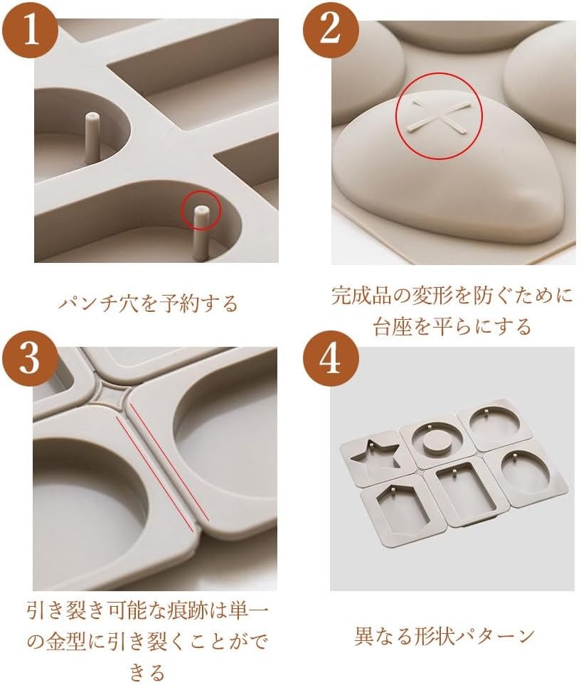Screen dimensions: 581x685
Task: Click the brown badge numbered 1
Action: (29, 32)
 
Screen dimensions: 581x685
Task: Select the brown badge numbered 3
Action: (29, 360)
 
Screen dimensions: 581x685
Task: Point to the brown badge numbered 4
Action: (331, 360)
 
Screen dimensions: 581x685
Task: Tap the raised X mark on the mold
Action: (439, 115)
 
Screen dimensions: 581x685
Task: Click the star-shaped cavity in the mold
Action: (375, 458)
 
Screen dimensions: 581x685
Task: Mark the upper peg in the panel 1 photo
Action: (92, 136)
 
